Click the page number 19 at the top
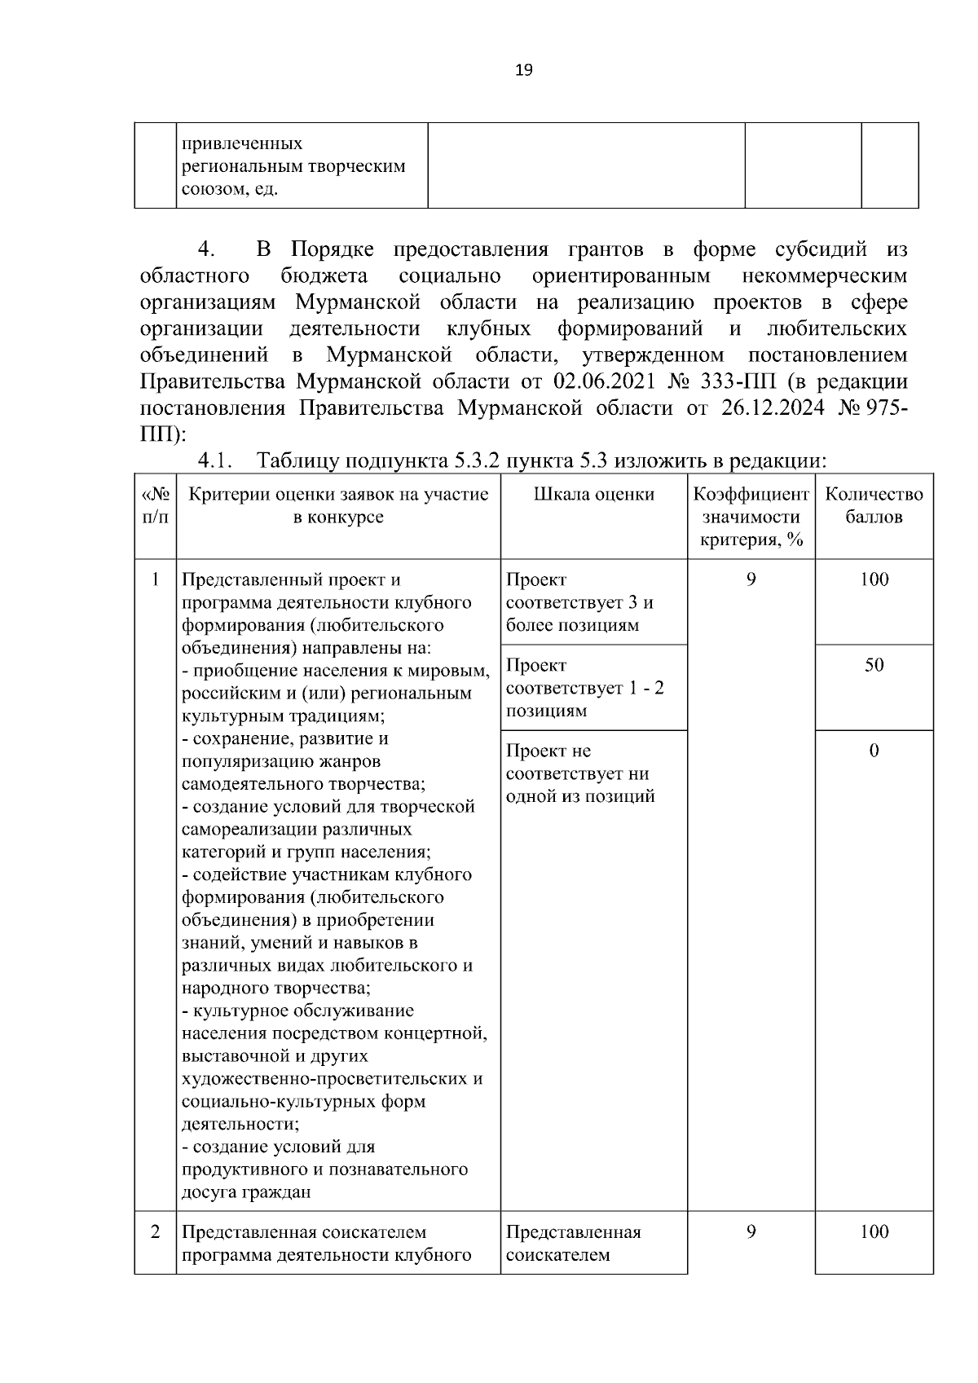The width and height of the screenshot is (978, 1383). (524, 70)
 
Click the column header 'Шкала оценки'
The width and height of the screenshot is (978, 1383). (594, 494)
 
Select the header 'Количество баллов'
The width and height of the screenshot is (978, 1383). (874, 505)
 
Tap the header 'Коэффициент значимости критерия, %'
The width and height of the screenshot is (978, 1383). (751, 517)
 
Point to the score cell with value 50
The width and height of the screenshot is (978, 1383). (874, 665)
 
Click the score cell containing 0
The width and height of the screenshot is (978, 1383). (874, 751)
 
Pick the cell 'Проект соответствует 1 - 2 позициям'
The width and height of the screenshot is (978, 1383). (585, 688)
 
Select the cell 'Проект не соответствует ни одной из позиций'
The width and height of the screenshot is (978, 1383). (580, 773)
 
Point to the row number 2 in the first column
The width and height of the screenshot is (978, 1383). (155, 1231)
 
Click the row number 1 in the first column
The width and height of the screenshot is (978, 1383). (155, 579)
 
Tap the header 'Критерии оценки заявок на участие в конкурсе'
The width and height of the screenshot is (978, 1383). (338, 505)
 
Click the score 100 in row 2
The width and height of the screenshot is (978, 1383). (874, 1231)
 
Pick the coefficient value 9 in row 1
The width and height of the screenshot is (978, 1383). (751, 579)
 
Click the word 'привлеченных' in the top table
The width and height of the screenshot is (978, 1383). (242, 144)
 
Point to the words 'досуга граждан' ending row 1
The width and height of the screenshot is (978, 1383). (245, 1192)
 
